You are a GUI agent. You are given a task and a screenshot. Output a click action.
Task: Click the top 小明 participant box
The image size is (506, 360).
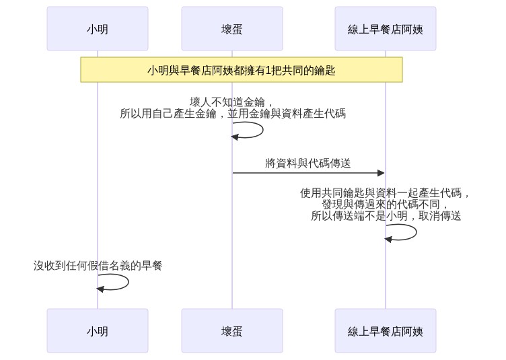point(98,29)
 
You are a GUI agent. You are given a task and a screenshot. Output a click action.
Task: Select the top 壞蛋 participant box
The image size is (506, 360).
point(232,29)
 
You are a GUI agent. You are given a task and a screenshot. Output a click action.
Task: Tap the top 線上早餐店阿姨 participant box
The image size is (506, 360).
point(386,29)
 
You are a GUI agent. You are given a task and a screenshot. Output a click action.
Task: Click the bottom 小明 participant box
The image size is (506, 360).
point(98,330)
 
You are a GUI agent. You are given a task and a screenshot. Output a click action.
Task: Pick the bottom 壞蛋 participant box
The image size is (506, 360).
point(232,330)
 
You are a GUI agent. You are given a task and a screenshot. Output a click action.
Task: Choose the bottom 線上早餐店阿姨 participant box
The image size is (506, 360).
point(386,330)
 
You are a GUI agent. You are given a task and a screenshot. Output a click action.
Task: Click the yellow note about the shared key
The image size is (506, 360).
point(242,70)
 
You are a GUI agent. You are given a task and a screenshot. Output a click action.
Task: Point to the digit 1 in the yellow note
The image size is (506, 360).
point(268,70)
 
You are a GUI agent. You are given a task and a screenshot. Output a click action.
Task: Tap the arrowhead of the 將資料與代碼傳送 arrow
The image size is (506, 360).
point(382,173)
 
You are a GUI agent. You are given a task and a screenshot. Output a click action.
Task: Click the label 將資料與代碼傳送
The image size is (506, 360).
point(308,164)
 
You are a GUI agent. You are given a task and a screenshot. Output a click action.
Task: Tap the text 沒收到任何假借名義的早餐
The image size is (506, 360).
point(98,266)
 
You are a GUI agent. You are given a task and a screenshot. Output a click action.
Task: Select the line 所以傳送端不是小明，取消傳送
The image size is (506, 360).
point(386,215)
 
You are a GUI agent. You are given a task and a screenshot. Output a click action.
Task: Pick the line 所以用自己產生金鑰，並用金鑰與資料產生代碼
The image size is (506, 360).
point(233,114)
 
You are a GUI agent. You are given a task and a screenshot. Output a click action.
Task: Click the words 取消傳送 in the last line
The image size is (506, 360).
point(440,215)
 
